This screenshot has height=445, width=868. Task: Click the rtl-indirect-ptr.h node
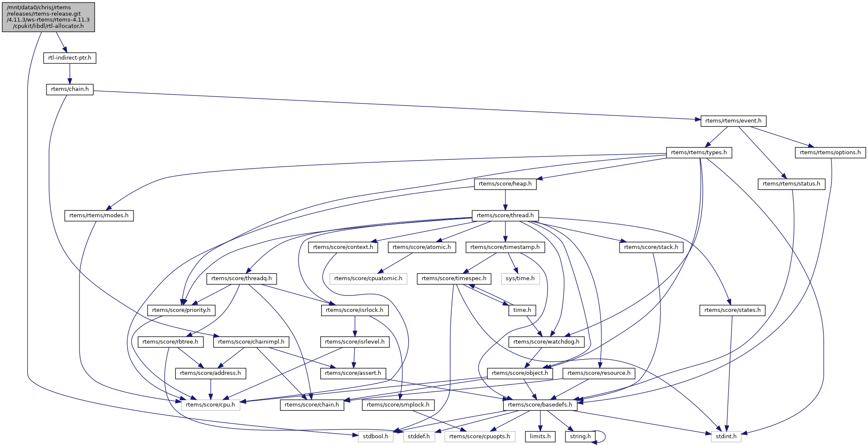pyautogui.click(x=70, y=58)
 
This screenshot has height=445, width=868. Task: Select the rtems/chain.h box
pyautogui.click(x=70, y=89)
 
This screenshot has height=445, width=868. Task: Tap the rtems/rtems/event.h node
pyautogui.click(x=733, y=121)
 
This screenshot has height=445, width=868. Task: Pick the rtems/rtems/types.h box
pyautogui.click(x=699, y=153)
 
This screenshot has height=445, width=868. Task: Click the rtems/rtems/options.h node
pyautogui.click(x=830, y=153)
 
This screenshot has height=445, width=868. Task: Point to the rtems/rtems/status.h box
pyautogui.click(x=791, y=184)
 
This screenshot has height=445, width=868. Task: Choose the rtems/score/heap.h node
pyautogui.click(x=505, y=184)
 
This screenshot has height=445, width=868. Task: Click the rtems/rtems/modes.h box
pyautogui.click(x=99, y=216)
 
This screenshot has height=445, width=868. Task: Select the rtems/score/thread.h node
pyautogui.click(x=505, y=216)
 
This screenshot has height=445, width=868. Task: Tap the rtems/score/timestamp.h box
pyautogui.click(x=505, y=247)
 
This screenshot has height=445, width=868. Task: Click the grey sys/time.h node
pyautogui.click(x=520, y=278)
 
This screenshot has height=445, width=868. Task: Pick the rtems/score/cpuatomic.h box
pyautogui.click(x=368, y=278)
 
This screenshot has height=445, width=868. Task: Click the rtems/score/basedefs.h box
pyautogui.click(x=540, y=405)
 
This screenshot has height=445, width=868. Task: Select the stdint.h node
pyautogui.click(x=726, y=436)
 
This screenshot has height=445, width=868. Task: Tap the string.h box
pyautogui.click(x=580, y=436)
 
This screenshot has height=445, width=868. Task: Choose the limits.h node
pyautogui.click(x=540, y=436)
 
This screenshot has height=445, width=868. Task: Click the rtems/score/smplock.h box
pyautogui.click(x=398, y=405)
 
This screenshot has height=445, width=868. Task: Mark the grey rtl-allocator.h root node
pyautogui.click(x=48, y=16)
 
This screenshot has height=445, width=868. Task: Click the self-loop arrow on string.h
pyautogui.click(x=605, y=436)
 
